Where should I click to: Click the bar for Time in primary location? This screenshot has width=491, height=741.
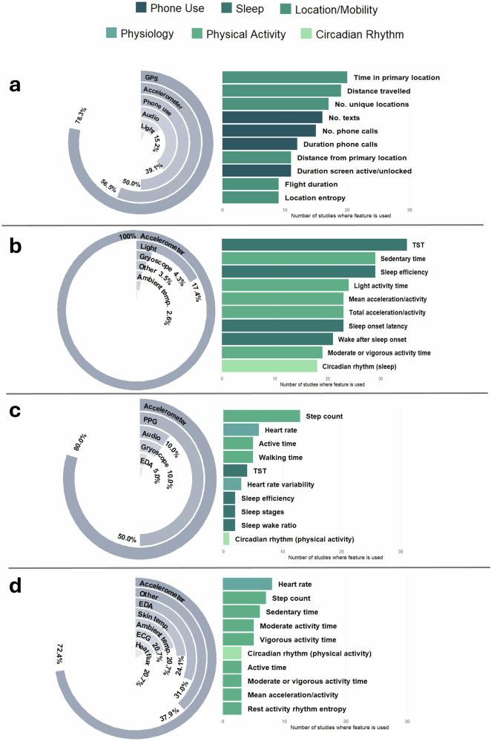tap(285, 77)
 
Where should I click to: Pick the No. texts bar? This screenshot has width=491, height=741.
tap(272, 117)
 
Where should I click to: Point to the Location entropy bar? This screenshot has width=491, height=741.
tap(251, 197)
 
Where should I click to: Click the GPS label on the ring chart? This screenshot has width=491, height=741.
tap(151, 77)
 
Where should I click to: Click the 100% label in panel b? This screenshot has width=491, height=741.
tap(128, 237)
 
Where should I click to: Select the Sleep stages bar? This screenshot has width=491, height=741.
tap(229, 511)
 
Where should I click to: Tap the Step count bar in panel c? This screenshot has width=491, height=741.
tap(261, 416)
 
